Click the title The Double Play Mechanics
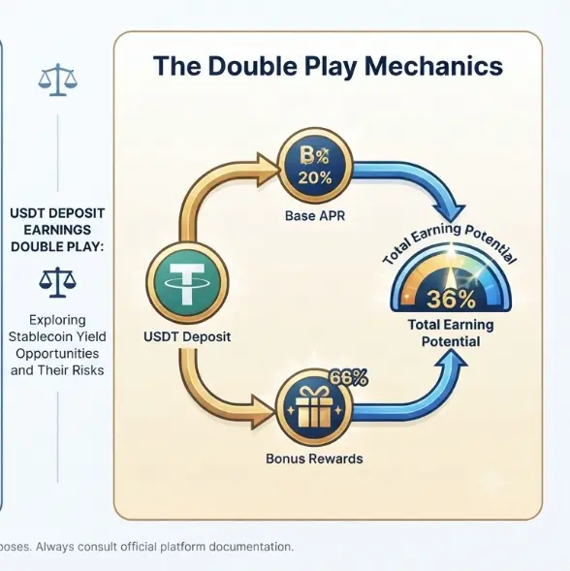(328, 67)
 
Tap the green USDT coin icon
(187, 283)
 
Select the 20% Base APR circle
(315, 166)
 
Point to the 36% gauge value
(451, 299)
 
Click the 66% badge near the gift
(348, 378)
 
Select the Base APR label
(315, 216)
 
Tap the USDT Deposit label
(187, 336)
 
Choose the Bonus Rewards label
(314, 459)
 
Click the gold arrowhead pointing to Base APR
(267, 170)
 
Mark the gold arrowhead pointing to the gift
(263, 412)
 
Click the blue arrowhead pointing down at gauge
(450, 212)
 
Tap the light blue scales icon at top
(58, 79)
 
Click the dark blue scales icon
(57, 282)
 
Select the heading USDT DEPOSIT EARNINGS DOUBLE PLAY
(57, 230)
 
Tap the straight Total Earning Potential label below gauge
(451, 333)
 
